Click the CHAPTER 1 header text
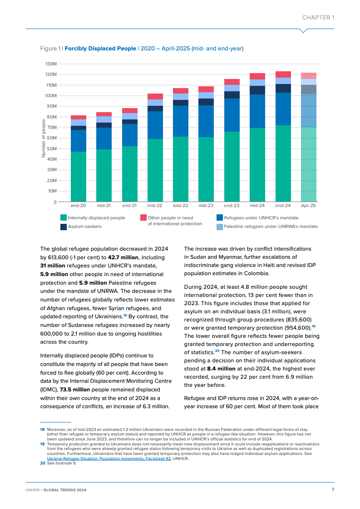pyautogui.click(x=318, y=18)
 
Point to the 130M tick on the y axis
pyautogui.click(x=51, y=64)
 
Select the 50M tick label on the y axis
pyautogui.click(x=51, y=148)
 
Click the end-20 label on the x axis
pyautogui.click(x=79, y=206)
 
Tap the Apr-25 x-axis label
pyautogui.click(x=309, y=206)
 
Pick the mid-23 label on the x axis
pyautogui.click(x=206, y=206)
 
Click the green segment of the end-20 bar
pyautogui.click(x=79, y=177)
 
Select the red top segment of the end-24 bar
pyautogui.click(x=283, y=74)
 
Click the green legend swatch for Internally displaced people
pyautogui.click(x=64, y=218)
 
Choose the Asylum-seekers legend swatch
pyautogui.click(x=64, y=227)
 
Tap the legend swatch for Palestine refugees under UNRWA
pyautogui.click(x=220, y=227)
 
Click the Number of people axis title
pyautogui.click(x=44, y=138)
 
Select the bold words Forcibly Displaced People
pyautogui.click(x=100, y=48)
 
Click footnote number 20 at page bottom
pyautogui.click(x=42, y=463)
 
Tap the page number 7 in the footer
pyautogui.click(x=333, y=489)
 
